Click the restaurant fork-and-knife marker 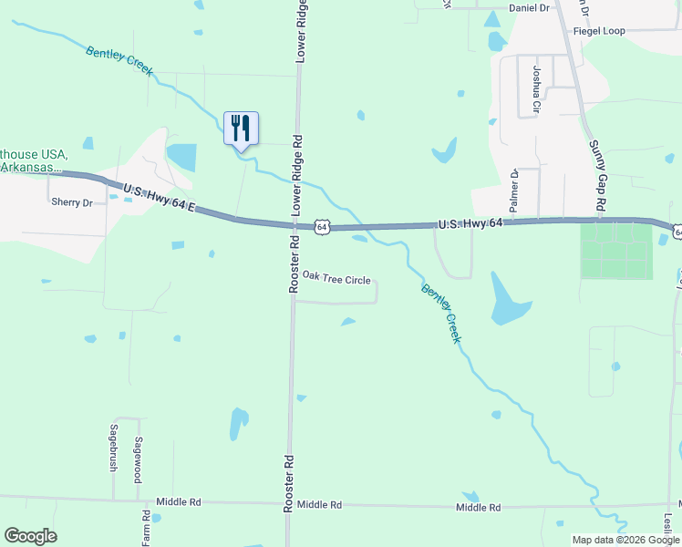pyautogui.click(x=241, y=128)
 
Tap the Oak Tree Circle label pyautogui.click(x=336, y=277)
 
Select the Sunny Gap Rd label pyautogui.click(x=597, y=179)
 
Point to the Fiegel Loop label pyautogui.click(x=599, y=31)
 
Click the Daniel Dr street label pyautogui.click(x=530, y=7)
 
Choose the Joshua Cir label pyautogui.click(x=537, y=89)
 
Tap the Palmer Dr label pyautogui.click(x=514, y=191)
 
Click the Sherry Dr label pyautogui.click(x=72, y=202)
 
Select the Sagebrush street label pyautogui.click(x=114, y=448)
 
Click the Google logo pyautogui.click(x=30, y=536)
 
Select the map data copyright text pyautogui.click(x=626, y=540)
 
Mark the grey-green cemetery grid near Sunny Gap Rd pyautogui.click(x=617, y=250)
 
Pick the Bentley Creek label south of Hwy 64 pyautogui.click(x=441, y=313)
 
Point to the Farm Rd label pyautogui.click(x=145, y=528)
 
